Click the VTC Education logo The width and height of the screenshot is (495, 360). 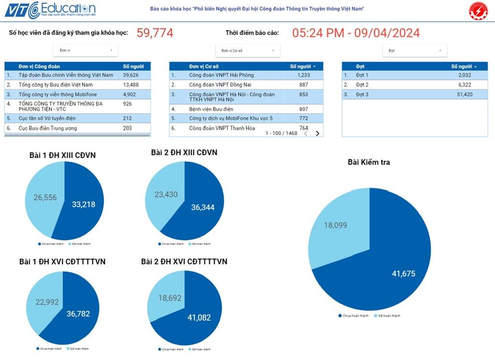pyautogui.click(x=50, y=10)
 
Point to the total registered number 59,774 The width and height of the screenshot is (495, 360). pyautogui.click(x=155, y=33)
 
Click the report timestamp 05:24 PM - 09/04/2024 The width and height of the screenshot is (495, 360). pyautogui.click(x=356, y=33)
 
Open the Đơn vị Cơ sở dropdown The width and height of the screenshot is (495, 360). pyautogui.click(x=248, y=50)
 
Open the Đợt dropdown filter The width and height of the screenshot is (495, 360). pyautogui.click(x=415, y=50)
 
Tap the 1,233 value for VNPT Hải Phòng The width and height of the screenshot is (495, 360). pyautogui.click(x=303, y=75)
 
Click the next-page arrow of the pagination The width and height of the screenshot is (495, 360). pyautogui.click(x=318, y=134)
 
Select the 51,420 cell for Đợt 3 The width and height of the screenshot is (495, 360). pyautogui.click(x=462, y=94)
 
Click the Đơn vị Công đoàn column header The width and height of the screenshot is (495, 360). pyautogui.click(x=39, y=66)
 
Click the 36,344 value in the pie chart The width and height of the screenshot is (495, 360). pyautogui.click(x=203, y=207)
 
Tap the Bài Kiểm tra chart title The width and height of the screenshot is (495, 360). pyautogui.click(x=369, y=162)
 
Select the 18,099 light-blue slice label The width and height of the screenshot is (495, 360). pyautogui.click(x=335, y=225)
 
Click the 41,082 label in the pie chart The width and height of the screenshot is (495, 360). pyautogui.click(x=199, y=317)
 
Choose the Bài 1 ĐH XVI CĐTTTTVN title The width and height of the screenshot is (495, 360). pyautogui.click(x=62, y=262)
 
